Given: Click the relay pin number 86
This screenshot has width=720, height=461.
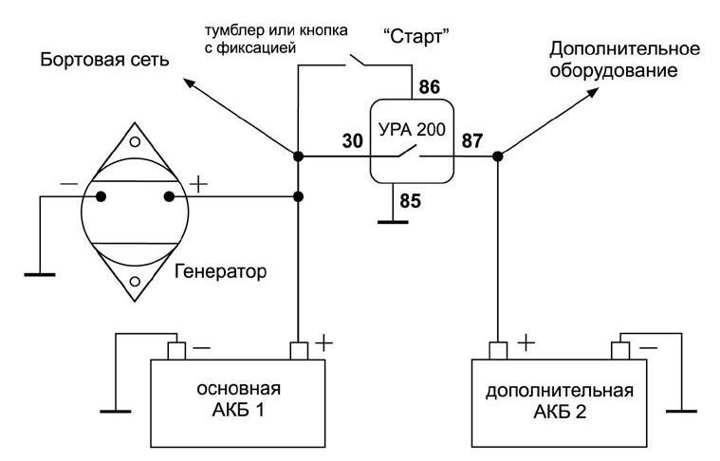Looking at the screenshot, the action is pyautogui.click(x=430, y=86).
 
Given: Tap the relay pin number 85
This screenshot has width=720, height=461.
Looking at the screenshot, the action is pyautogui.click(x=410, y=201).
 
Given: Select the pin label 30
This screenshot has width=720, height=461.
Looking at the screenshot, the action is pyautogui.click(x=353, y=141).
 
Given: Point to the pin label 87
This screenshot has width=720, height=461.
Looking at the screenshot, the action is pyautogui.click(x=472, y=140).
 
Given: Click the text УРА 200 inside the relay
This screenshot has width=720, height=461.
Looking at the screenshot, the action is pyautogui.click(x=412, y=130).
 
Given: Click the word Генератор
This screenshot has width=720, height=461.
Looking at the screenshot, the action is pyautogui.click(x=220, y=271).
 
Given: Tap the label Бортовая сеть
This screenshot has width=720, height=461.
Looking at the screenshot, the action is pyautogui.click(x=104, y=60).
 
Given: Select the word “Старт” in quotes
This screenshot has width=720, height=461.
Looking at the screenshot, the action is pyautogui.click(x=415, y=36).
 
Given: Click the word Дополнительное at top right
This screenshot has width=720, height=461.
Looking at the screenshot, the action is pyautogui.click(x=625, y=49).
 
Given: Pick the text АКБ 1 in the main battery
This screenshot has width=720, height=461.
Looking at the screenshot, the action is pyautogui.click(x=238, y=410).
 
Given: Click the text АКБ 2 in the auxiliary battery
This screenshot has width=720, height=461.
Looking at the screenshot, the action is pyautogui.click(x=560, y=412).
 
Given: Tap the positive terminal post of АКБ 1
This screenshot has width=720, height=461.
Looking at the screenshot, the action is pyautogui.click(x=299, y=351).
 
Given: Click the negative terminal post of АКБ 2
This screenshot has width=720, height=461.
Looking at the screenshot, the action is pyautogui.click(x=619, y=351).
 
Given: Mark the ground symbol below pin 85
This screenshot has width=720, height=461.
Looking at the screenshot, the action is pyautogui.click(x=393, y=222).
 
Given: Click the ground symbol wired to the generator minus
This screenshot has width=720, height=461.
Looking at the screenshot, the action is pyautogui.click(x=40, y=274).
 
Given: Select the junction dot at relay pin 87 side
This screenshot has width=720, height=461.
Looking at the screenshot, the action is pyautogui.click(x=498, y=157).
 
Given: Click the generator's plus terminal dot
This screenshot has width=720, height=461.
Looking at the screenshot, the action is pyautogui.click(x=169, y=197).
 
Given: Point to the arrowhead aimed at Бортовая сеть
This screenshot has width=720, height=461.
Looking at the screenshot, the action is pyautogui.click(x=189, y=83).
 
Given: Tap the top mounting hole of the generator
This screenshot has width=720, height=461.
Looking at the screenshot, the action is pyautogui.click(x=135, y=142).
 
